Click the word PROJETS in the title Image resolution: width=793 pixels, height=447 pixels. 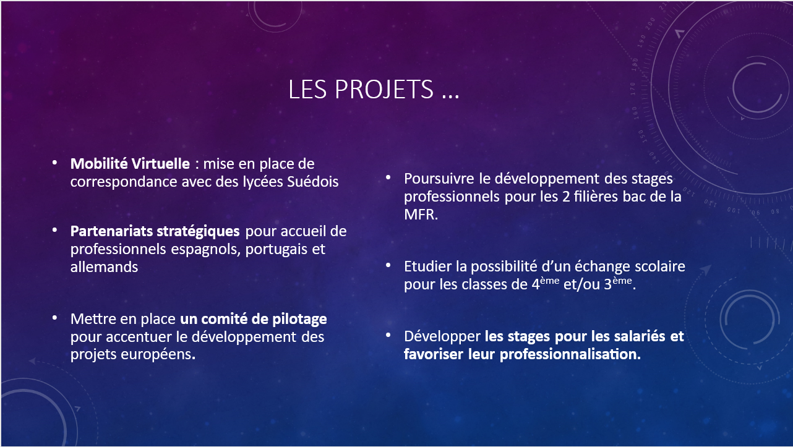(x=384, y=89)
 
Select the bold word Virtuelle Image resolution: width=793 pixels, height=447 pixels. (x=160, y=163)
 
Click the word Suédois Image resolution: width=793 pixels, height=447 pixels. (x=312, y=182)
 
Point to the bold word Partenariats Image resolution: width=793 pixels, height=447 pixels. (x=111, y=231)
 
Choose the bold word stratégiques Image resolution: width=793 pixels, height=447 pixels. (x=198, y=232)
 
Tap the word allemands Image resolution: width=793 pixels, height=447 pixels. (x=104, y=267)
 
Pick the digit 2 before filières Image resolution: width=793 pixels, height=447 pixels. (x=566, y=197)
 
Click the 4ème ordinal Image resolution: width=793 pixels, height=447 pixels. (x=546, y=283)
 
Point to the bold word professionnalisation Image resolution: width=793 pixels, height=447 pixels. (x=570, y=355)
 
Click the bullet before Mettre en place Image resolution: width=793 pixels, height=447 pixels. (x=54, y=318)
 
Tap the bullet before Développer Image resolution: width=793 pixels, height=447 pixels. (x=388, y=335)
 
